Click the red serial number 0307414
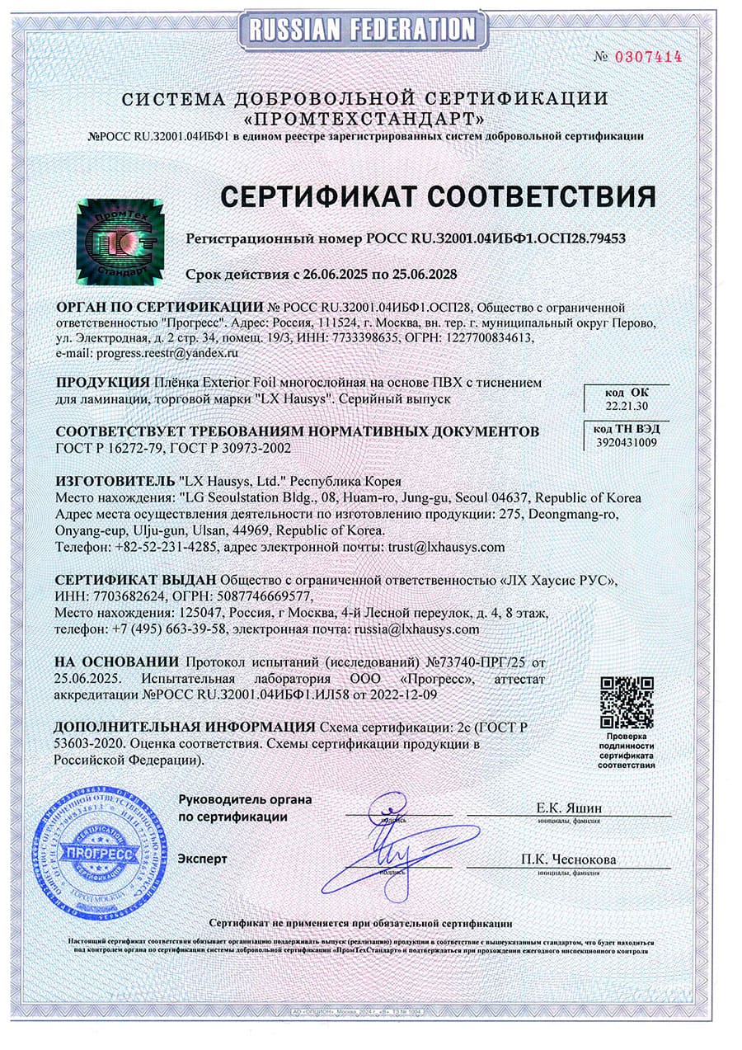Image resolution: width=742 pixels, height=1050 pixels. [x=650, y=57]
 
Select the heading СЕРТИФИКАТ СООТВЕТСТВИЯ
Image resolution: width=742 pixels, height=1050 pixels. [x=437, y=195]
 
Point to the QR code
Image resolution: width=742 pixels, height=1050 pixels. [x=627, y=700]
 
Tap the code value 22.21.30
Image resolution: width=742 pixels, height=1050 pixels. [x=616, y=407]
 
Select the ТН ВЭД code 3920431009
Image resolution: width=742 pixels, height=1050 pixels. [x=627, y=442]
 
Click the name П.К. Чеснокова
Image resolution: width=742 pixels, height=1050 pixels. [x=568, y=859]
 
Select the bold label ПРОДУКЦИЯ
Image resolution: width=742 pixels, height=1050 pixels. [x=102, y=383]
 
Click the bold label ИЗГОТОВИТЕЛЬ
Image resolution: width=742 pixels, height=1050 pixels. [x=113, y=481]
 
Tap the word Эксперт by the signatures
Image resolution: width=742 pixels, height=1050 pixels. [x=203, y=859]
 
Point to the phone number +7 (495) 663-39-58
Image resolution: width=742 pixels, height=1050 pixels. [x=168, y=629]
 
